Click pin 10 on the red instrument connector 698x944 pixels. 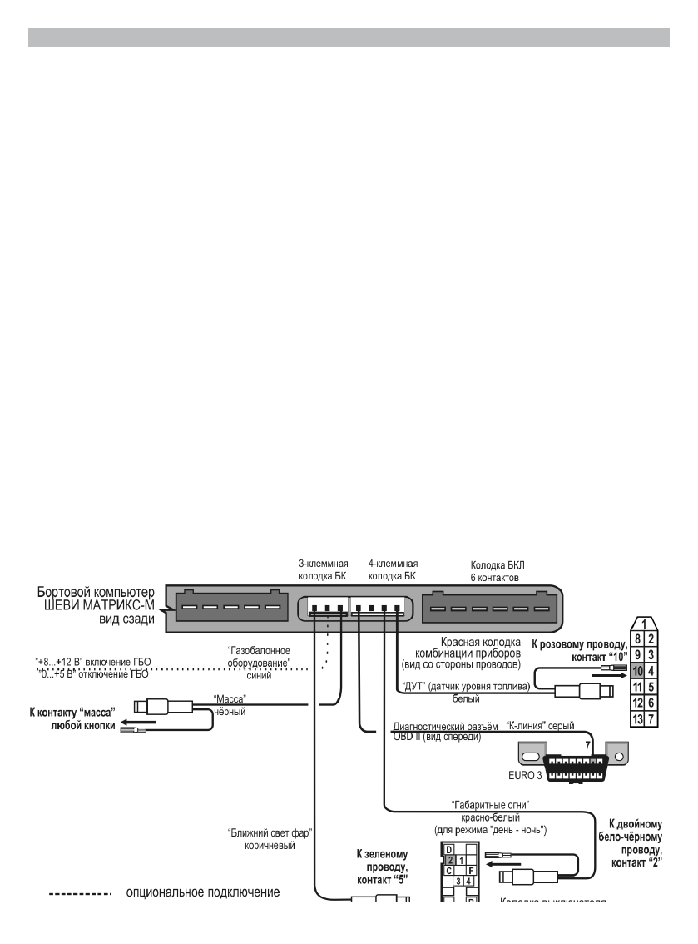(637, 668)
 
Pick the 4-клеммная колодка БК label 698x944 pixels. (393, 569)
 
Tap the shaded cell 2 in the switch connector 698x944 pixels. (449, 858)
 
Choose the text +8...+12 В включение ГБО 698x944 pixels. (93, 661)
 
